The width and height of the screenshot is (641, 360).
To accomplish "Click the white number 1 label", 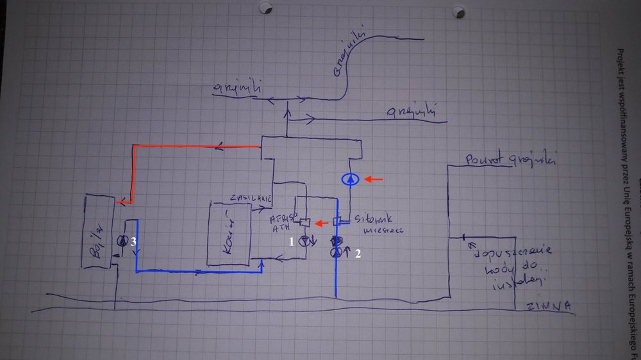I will point(292,242).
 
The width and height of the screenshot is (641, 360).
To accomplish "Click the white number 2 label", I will point(358,254).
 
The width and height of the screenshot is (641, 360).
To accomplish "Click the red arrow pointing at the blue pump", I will point(375,179).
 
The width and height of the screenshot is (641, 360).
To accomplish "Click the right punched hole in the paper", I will point(457,12).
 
